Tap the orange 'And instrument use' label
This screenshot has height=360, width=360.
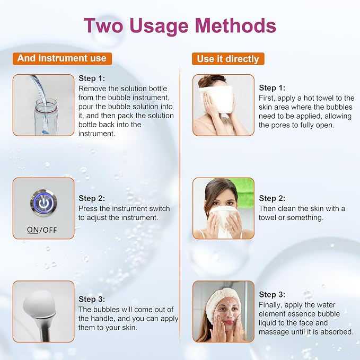point(62,58)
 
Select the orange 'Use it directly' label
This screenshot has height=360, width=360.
point(228,59)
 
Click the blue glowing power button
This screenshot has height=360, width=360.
point(43,203)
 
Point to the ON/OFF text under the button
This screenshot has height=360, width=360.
point(42,230)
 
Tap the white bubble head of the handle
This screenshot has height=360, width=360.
point(39,303)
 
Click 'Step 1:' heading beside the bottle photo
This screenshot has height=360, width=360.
point(92,78)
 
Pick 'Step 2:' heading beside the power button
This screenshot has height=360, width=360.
point(92,198)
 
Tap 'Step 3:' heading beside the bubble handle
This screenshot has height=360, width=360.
point(92,299)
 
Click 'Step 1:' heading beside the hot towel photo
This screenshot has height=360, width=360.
point(272,87)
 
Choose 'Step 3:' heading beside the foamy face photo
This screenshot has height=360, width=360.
point(272,294)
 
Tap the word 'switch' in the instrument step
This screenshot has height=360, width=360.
point(160,208)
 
